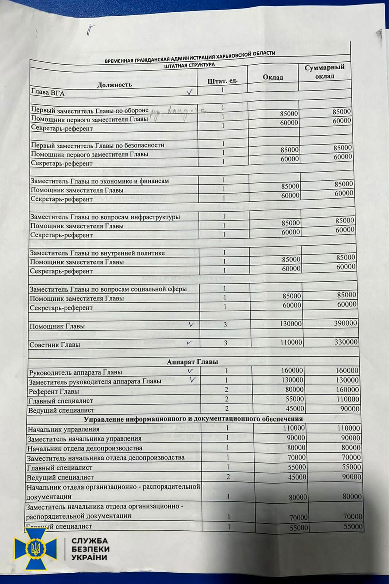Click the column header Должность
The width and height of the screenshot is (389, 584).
(x=114, y=85)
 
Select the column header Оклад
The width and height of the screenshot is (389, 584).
(x=273, y=77)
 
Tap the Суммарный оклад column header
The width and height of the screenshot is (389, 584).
(x=324, y=72)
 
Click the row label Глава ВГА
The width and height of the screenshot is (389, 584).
(x=48, y=92)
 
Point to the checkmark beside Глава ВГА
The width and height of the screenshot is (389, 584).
(x=189, y=92)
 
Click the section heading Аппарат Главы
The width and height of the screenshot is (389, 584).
(x=192, y=362)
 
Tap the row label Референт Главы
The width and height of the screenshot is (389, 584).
(x=54, y=391)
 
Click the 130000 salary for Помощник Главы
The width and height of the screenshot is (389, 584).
(x=290, y=324)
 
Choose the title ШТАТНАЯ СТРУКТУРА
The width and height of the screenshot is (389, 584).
(x=189, y=65)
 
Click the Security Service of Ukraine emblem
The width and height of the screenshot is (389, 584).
(x=35, y=549)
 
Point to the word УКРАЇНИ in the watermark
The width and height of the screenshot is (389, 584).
(x=89, y=557)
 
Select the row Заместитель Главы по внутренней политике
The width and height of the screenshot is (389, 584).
(x=97, y=253)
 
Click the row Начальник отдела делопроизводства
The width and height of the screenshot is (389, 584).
(x=85, y=448)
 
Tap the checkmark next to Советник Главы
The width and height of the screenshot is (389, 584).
(x=189, y=343)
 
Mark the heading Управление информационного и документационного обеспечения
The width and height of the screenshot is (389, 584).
(x=193, y=419)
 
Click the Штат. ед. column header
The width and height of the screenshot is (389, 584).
(x=222, y=81)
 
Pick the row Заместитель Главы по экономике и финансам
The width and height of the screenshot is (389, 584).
(x=99, y=181)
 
